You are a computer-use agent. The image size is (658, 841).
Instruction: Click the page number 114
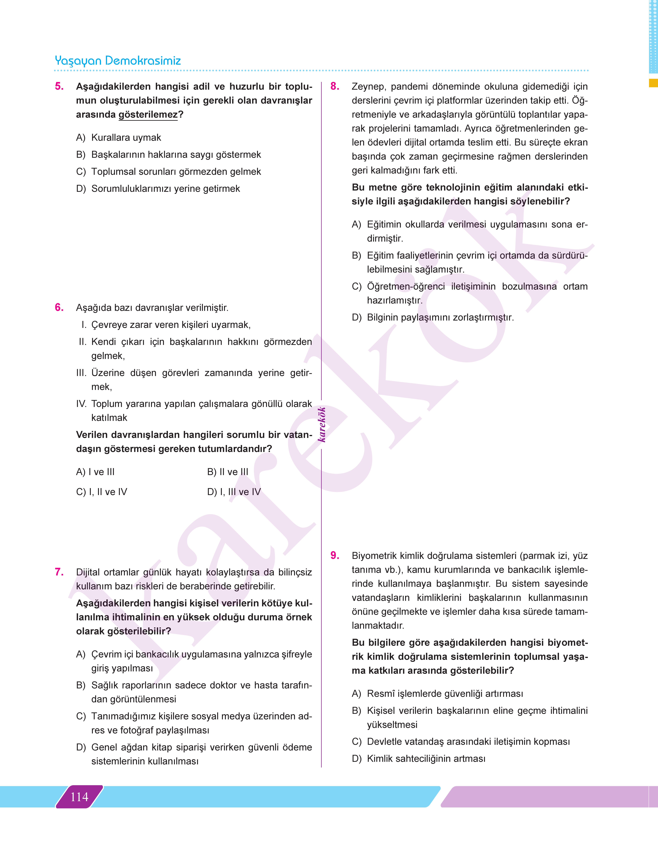[x=79, y=797]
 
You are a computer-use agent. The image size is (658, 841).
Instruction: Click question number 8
[x=335, y=86]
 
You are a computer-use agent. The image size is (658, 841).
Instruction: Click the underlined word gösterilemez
[x=148, y=114]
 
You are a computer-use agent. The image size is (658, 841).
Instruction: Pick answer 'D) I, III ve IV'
[x=234, y=492]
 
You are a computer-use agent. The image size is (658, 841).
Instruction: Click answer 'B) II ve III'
[x=228, y=472]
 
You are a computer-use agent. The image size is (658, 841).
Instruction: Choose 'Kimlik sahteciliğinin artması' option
[x=426, y=759]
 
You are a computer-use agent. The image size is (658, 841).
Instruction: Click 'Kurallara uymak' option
[x=126, y=138]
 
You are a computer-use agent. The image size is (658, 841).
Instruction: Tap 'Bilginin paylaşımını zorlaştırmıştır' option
[x=440, y=317]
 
